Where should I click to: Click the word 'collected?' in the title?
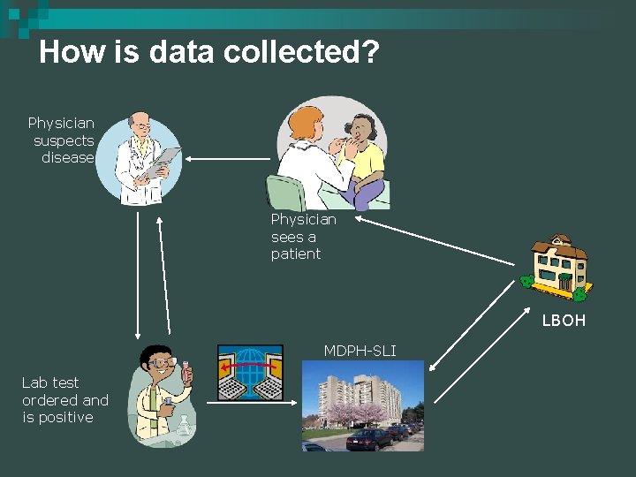point(301,53)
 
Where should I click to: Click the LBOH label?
point(564,321)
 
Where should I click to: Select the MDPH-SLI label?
point(360,352)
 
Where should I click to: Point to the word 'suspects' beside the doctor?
point(64,140)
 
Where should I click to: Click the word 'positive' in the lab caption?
point(57,417)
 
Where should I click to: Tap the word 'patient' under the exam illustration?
point(296,254)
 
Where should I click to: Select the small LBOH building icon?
point(556,265)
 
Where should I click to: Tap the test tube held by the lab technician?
point(186,372)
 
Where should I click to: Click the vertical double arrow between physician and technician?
point(137,275)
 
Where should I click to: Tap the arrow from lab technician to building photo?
point(252,403)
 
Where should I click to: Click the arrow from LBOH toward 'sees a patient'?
point(433,238)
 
